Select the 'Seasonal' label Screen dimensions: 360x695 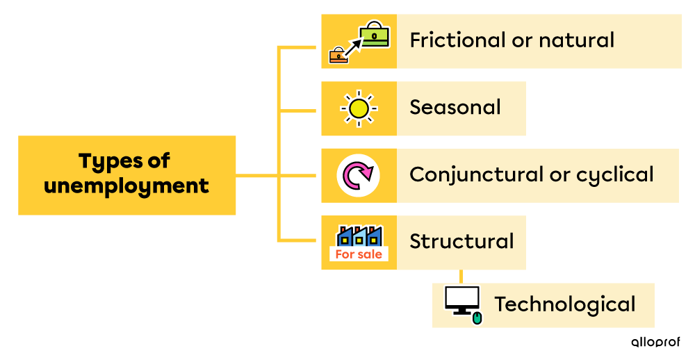(x=455, y=108)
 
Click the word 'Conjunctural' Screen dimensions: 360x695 (x=476, y=174)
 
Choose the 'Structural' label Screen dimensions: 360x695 (x=461, y=242)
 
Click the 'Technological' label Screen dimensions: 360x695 (x=565, y=304)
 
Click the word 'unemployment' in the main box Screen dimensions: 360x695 (x=126, y=186)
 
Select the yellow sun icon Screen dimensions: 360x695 (x=359, y=108)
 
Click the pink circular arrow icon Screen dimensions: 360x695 (x=359, y=175)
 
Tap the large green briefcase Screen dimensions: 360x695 (x=375, y=35)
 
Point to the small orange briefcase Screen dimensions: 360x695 (x=338, y=55)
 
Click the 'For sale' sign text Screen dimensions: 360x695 (x=359, y=254)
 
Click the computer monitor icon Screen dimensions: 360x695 (x=462, y=300)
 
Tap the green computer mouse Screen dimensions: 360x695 (x=477, y=318)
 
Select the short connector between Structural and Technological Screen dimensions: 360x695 (x=461, y=276)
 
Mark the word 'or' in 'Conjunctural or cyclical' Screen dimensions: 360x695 (x=559, y=175)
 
